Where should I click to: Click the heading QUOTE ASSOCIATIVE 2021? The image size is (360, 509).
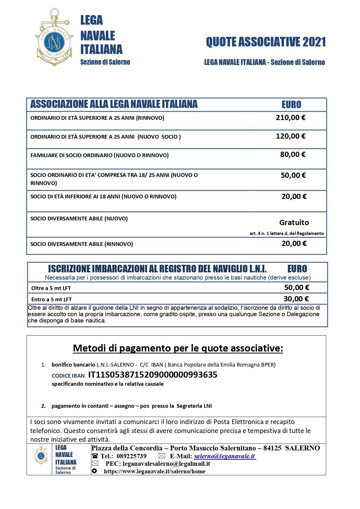[x=266, y=42]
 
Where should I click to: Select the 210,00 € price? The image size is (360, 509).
[x=291, y=117]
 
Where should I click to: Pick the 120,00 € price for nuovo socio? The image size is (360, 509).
[x=291, y=136]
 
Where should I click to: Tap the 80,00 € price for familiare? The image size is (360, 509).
[x=293, y=154]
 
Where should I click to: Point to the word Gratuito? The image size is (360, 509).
[x=294, y=222]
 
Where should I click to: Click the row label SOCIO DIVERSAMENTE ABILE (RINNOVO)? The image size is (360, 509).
[x=82, y=244]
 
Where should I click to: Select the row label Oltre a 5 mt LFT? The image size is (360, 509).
[x=51, y=288]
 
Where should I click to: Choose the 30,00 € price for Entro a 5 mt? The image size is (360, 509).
[x=296, y=299]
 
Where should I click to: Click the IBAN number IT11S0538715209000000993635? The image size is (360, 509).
[x=153, y=375]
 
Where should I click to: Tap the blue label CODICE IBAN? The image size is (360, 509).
[x=68, y=376]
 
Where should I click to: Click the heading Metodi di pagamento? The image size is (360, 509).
[x=178, y=348]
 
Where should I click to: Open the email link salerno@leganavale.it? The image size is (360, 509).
[x=225, y=456]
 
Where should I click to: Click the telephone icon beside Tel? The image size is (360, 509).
[x=95, y=456]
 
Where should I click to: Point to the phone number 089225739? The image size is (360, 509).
[x=131, y=456]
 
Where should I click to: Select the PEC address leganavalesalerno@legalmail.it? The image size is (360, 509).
[x=166, y=463]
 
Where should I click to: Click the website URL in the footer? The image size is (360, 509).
[x=154, y=471]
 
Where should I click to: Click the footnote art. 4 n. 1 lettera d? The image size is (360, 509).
[x=286, y=233]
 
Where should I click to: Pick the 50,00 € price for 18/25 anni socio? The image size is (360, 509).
[x=293, y=175]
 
